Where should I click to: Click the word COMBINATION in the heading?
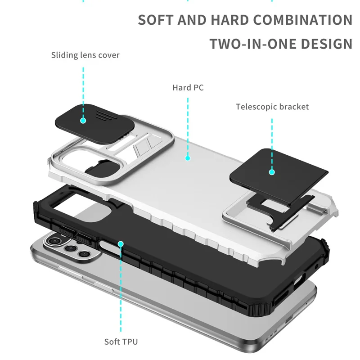point(302,20)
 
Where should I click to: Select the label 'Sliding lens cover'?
point(85,55)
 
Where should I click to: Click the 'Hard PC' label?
point(188,87)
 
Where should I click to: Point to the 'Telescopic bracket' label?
point(272,107)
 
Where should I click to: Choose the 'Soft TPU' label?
point(121,341)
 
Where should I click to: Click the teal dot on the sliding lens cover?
point(83,120)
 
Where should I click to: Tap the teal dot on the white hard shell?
point(188,157)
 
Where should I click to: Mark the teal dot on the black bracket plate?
point(272,171)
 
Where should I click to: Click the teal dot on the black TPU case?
point(121,244)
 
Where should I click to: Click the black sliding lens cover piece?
point(94,119)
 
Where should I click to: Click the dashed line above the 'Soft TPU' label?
point(121,292)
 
